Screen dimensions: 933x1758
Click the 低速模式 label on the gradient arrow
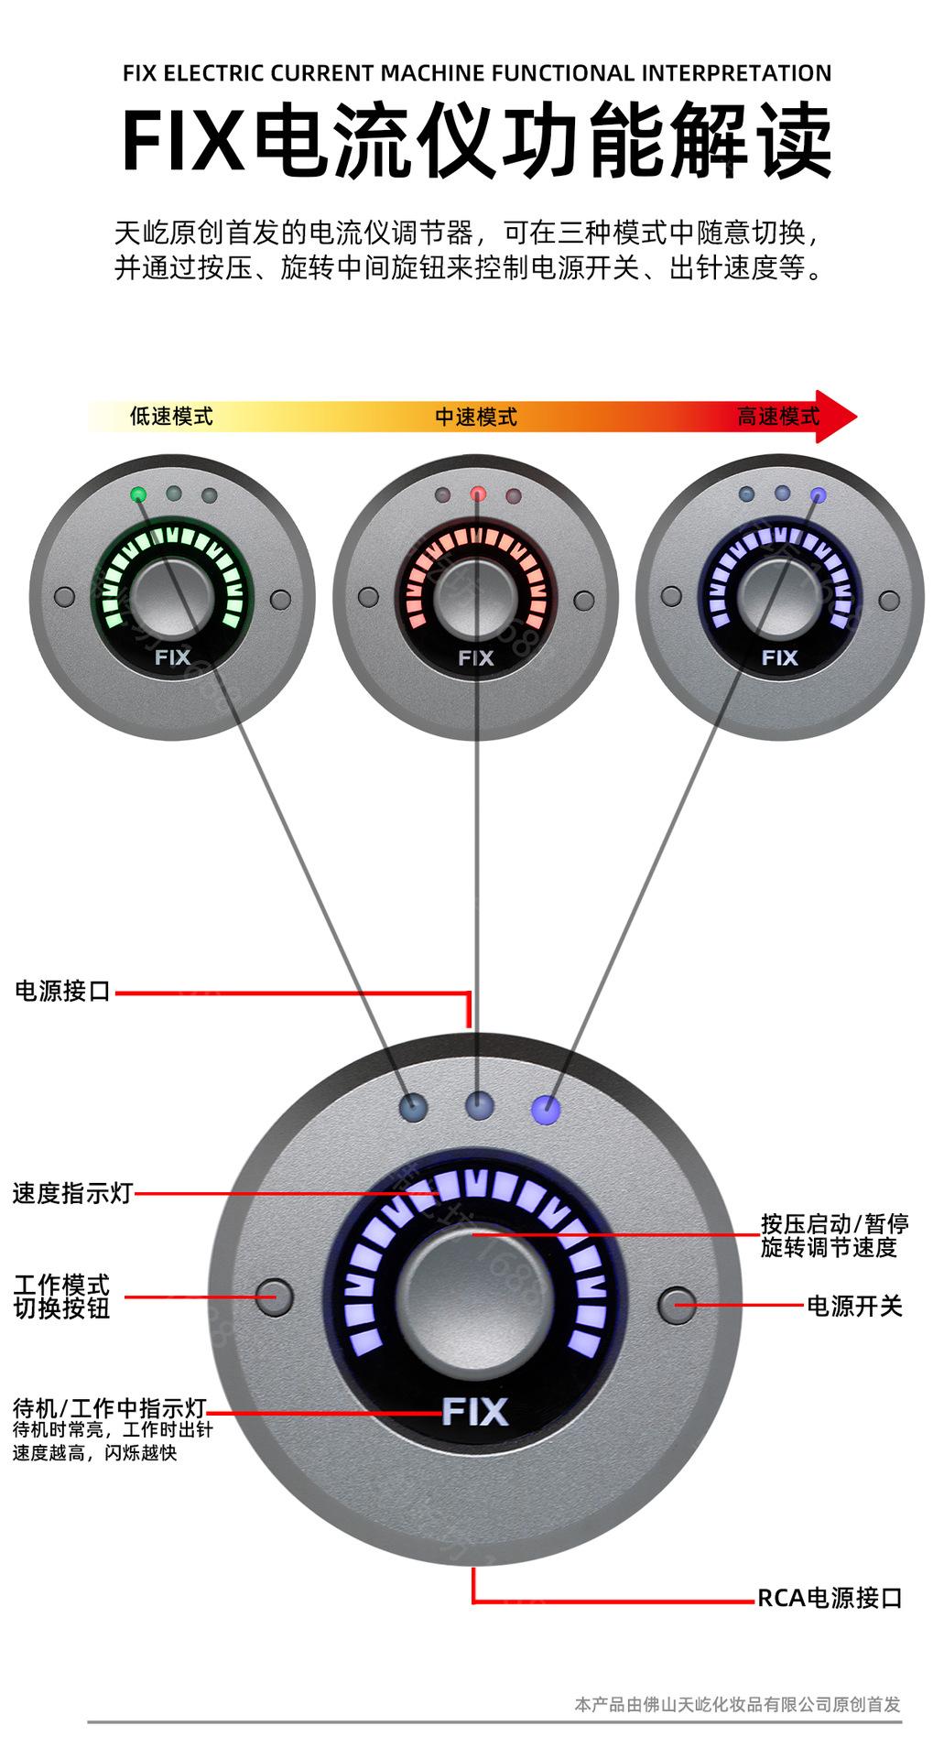(171, 417)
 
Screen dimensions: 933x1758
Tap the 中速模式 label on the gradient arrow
(475, 418)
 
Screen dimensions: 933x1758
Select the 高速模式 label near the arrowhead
(778, 417)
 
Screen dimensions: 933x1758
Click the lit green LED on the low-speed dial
(138, 494)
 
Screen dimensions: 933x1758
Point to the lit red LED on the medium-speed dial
(478, 494)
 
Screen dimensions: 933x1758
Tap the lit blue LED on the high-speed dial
(819, 495)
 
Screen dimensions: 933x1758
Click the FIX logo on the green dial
(172, 657)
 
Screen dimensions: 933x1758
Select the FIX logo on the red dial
(475, 657)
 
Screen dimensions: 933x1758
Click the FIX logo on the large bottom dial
(474, 1411)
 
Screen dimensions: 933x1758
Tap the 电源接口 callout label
(62, 991)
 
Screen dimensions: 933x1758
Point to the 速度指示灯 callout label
(72, 1193)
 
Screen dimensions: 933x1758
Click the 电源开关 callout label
(853, 1306)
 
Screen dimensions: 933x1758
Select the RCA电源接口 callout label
(830, 1598)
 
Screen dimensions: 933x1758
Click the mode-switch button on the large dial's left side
(273, 1297)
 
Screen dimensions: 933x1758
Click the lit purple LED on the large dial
(546, 1109)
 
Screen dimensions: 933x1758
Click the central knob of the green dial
(172, 595)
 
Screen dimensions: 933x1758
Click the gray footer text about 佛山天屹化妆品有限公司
(737, 1704)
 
